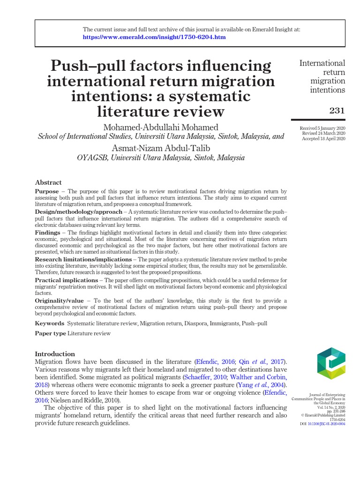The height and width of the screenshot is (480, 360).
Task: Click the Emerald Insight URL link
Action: point(154,37)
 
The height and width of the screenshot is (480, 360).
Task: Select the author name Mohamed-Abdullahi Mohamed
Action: point(161,127)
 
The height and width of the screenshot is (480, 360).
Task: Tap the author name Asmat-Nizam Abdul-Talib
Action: point(161,148)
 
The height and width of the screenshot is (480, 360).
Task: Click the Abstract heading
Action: point(48,182)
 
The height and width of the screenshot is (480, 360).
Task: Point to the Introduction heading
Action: point(55,354)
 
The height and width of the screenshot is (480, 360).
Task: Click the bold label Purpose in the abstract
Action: point(47,192)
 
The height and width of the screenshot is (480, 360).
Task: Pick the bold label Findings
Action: point(47,232)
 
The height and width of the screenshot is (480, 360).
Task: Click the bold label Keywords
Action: point(50,323)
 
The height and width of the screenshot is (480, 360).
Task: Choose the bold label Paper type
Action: point(51,333)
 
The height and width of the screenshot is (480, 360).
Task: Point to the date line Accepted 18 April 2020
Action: point(323,139)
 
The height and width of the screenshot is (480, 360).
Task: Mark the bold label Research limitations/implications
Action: point(83,259)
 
